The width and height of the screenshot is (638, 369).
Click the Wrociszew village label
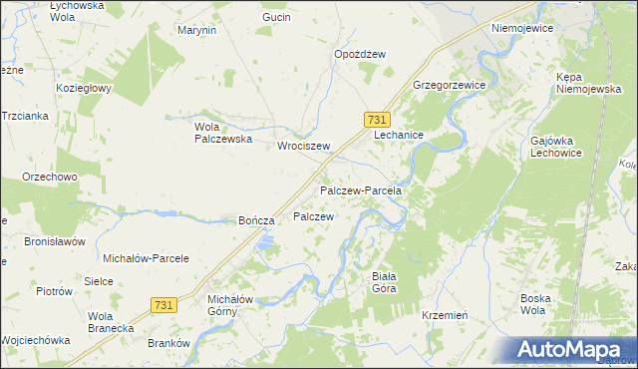303,146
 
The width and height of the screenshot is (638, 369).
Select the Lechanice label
400,135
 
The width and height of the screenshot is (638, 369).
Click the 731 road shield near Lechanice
377,119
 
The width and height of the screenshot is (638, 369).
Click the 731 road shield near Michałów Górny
166,303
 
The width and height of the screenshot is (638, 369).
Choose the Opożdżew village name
360,54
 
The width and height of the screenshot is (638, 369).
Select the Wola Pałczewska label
221,133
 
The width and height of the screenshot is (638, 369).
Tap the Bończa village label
256,220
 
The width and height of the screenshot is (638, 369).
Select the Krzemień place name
445,314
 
